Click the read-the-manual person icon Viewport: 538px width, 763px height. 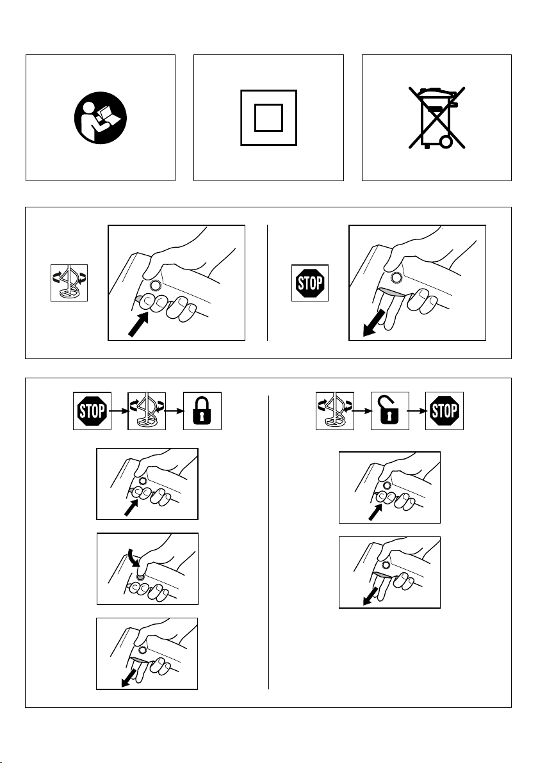pyautogui.click(x=101, y=118)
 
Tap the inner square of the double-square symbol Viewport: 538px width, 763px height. pyautogui.click(x=269, y=118)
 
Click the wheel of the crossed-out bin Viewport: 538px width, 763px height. pyautogui.click(x=446, y=141)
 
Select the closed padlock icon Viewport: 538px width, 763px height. pyautogui.click(x=202, y=411)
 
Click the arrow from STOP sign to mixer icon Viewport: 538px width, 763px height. pyautogui.click(x=119, y=411)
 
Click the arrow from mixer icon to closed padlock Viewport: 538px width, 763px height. pyautogui.click(x=174, y=411)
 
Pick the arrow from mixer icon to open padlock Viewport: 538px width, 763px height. pyautogui.click(x=363, y=411)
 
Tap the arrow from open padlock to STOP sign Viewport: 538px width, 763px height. pyautogui.click(x=417, y=411)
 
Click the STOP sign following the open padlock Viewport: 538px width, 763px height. pyautogui.click(x=444, y=411)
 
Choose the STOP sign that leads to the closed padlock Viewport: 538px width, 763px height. pyautogui.click(x=92, y=411)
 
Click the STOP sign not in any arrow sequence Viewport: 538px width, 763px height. pyautogui.click(x=309, y=283)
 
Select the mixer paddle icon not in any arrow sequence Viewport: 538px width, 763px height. pyautogui.click(x=69, y=283)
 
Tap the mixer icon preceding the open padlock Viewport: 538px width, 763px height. pyautogui.click(x=334, y=411)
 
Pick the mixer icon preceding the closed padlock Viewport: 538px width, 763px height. pyautogui.click(x=147, y=411)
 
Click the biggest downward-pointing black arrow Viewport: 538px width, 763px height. pyautogui.click(x=375, y=324)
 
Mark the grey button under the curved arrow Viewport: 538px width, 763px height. pyautogui.click(x=140, y=575)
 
